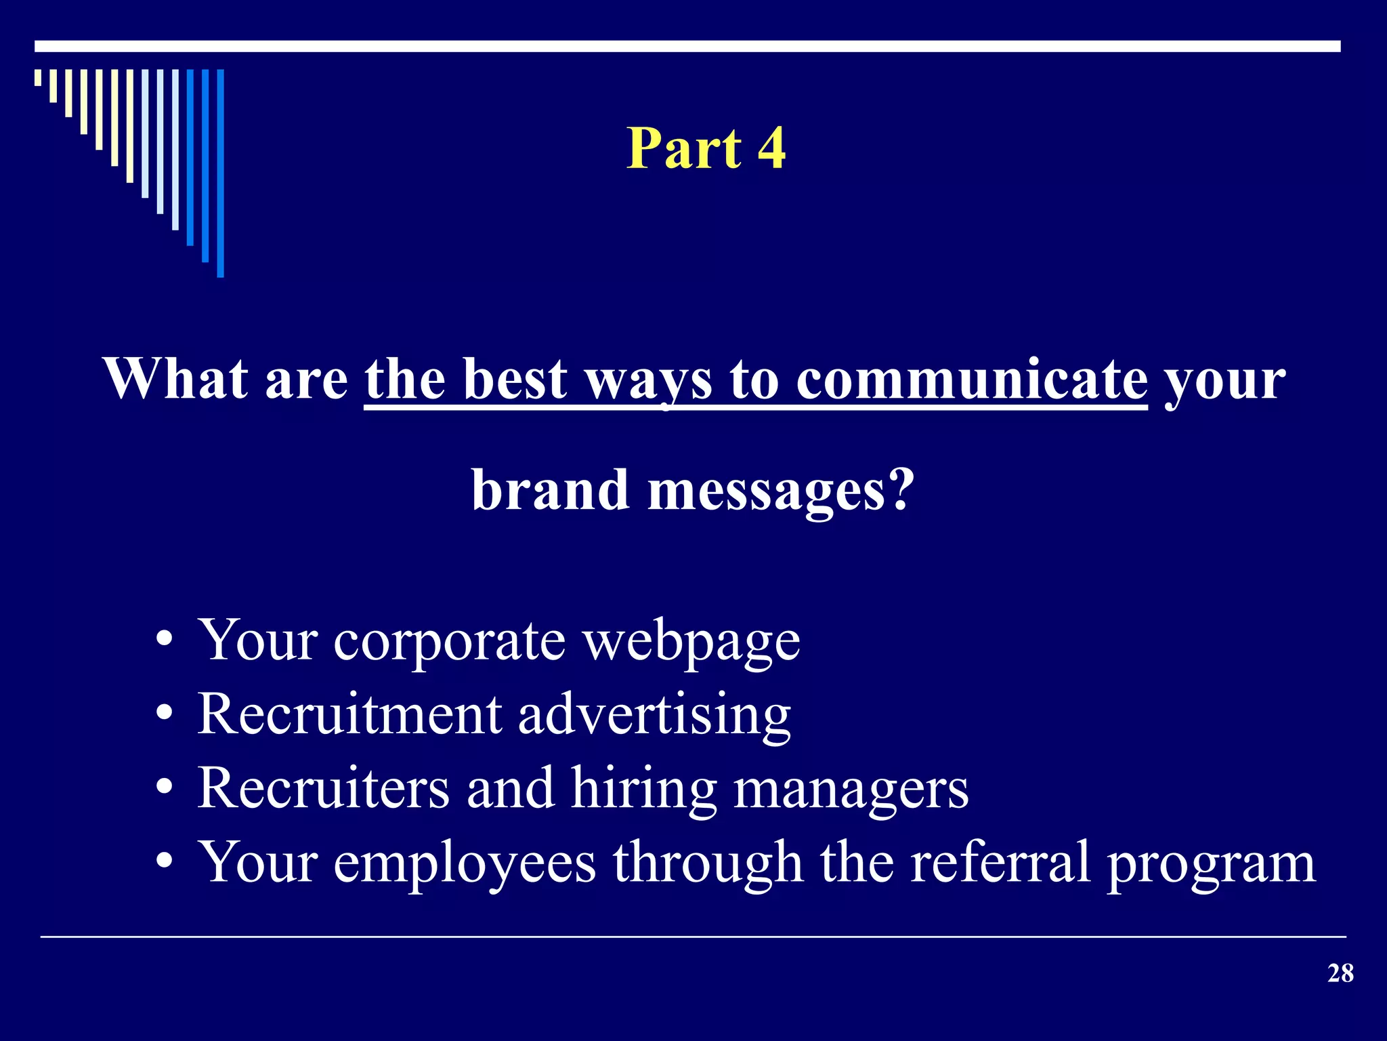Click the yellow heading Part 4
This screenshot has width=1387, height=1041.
tap(706, 148)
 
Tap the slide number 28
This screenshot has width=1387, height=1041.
tap(1340, 974)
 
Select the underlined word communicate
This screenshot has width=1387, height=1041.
tap(971, 380)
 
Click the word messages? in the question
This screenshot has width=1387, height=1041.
tap(781, 491)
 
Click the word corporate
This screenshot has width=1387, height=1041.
tap(449, 641)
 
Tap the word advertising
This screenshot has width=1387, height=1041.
tap(654, 716)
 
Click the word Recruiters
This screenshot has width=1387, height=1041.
tap(323, 788)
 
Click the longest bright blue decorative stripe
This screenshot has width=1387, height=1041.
tap(220, 173)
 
